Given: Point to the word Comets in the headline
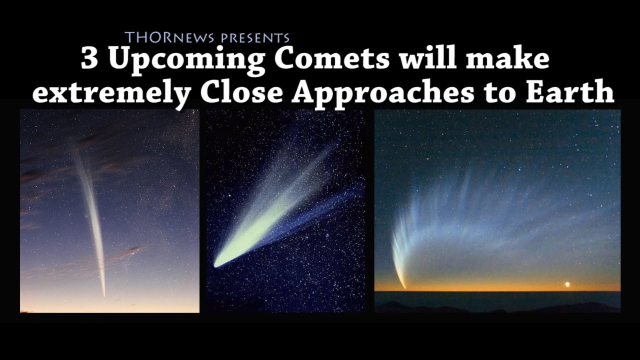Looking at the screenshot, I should [x=331, y=59].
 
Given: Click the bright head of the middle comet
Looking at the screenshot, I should [x=218, y=263].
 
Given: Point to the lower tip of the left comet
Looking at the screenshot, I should [x=104, y=294].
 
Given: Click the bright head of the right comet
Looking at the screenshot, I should [x=404, y=286].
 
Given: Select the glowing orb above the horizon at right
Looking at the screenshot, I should [x=567, y=284].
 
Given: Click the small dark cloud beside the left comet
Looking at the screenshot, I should [x=132, y=250].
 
